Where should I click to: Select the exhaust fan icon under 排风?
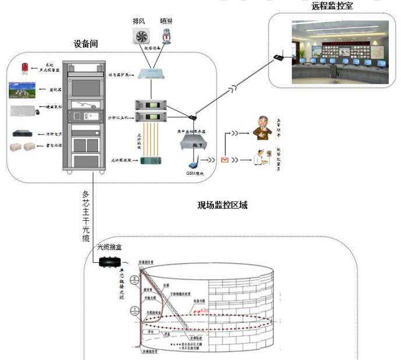tap(139, 37)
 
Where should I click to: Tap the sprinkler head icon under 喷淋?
tap(167, 36)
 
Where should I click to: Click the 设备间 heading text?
tap(86, 44)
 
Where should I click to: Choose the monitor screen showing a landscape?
tap(22, 90)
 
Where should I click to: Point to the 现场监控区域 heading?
tap(223, 205)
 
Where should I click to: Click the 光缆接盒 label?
tap(108, 248)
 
